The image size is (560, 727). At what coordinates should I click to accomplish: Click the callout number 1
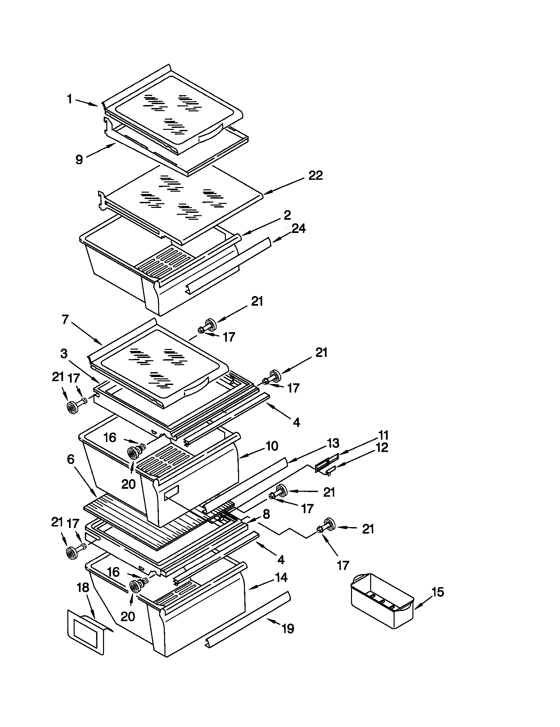69,99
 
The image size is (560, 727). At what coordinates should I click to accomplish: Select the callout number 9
79,160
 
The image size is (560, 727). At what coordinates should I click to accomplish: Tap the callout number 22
315,175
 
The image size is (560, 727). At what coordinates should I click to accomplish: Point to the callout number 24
298,229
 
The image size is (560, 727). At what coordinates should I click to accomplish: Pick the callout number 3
64,354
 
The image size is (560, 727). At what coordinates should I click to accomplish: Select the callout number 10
272,446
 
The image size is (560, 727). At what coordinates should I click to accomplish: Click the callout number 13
333,443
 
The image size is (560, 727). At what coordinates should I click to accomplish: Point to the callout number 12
382,448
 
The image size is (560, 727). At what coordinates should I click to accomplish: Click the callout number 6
71,459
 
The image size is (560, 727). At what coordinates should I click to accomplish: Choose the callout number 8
266,514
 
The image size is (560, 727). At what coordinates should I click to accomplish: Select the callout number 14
281,578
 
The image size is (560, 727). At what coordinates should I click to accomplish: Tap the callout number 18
83,588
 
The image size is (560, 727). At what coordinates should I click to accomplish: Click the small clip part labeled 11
326,464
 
